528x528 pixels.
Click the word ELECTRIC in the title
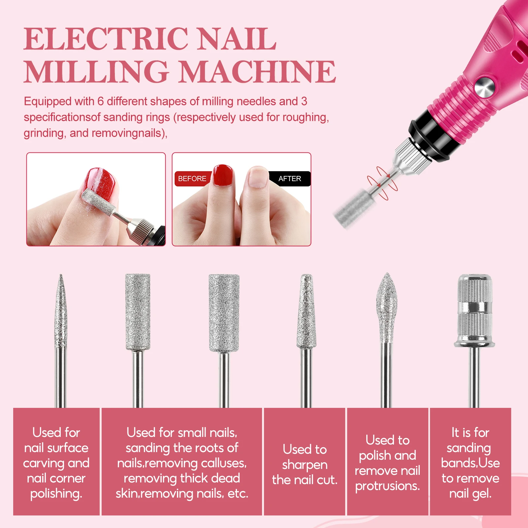click(x=106, y=39)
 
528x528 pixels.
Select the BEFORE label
click(x=192, y=179)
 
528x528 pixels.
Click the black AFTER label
click(x=290, y=179)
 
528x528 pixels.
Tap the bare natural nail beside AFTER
click(x=257, y=177)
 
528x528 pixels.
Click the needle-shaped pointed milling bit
click(x=60, y=313)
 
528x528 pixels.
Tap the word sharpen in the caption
click(x=305, y=465)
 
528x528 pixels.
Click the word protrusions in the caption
click(x=387, y=486)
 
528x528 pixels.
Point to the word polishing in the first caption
click(x=56, y=494)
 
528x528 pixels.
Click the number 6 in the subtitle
click(x=100, y=101)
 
